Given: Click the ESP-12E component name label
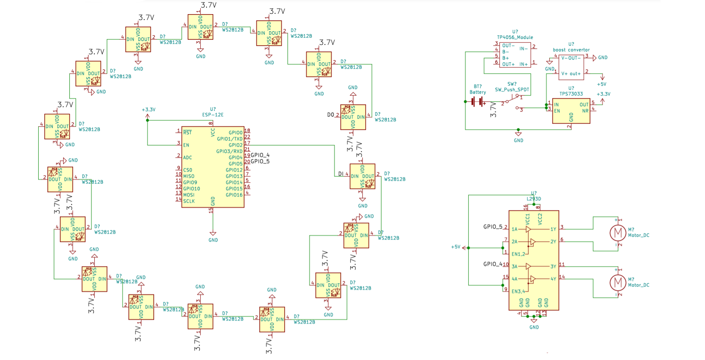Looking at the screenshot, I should pyautogui.click(x=213, y=115).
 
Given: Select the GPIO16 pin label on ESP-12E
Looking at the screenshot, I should pyautogui.click(x=234, y=195).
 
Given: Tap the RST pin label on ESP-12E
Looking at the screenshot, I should pyautogui.click(x=187, y=132).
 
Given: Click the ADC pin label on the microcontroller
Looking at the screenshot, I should pyautogui.click(x=187, y=157).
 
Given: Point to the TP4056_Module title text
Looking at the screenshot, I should pyautogui.click(x=515, y=37).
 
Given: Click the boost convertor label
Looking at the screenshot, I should pyautogui.click(x=571, y=50).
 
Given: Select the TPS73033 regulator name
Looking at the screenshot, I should pyautogui.click(x=571, y=94).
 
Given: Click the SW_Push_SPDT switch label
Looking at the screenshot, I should pyautogui.click(x=512, y=90).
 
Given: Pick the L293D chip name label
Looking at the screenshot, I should pyautogui.click(x=534, y=199).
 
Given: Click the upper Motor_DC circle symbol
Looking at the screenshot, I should pyautogui.click(x=618, y=233).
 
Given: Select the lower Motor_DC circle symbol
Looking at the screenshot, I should pyautogui.click(x=618, y=282).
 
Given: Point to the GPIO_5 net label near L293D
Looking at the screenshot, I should pyautogui.click(x=493, y=227).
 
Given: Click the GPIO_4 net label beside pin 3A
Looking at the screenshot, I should pyautogui.click(x=493, y=264).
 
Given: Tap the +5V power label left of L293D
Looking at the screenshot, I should pyautogui.click(x=456, y=247).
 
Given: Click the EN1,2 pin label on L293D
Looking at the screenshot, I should pyautogui.click(x=518, y=254).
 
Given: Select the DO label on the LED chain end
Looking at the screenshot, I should pyautogui.click(x=330, y=115).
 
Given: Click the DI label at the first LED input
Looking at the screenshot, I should pyautogui.click(x=341, y=174).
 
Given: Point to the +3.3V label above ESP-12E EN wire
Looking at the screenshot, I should pyautogui.click(x=148, y=110).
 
